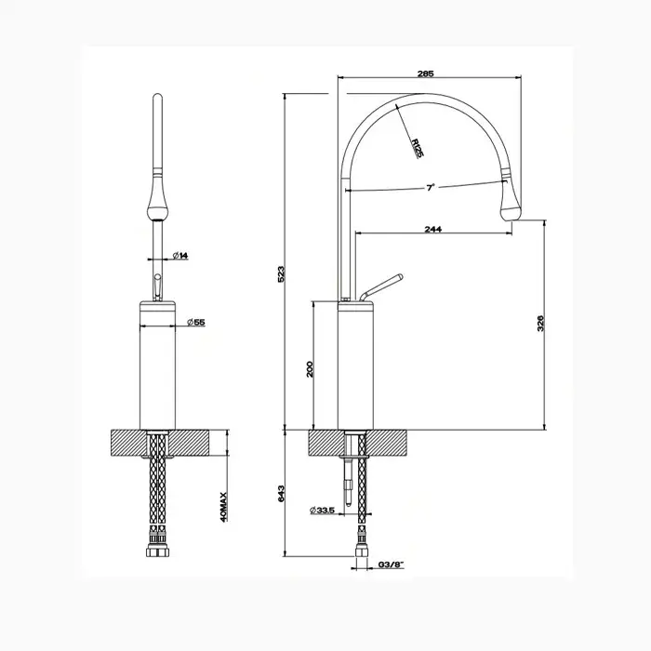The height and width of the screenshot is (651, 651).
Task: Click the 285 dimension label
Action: click(x=426, y=73)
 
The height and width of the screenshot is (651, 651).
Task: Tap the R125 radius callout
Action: click(x=418, y=148)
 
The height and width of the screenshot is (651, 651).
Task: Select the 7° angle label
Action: click(x=431, y=187)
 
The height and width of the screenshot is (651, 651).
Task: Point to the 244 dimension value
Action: click(x=433, y=229)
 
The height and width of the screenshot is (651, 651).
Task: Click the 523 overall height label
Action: click(x=281, y=274)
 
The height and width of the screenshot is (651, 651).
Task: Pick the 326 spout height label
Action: click(x=540, y=324)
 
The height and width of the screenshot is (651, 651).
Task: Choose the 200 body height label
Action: click(x=310, y=368)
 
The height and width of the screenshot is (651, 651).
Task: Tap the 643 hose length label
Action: click(x=281, y=494)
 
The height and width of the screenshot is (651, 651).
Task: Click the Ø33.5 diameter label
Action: click(x=322, y=511)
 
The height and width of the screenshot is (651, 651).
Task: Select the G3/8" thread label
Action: click(x=392, y=565)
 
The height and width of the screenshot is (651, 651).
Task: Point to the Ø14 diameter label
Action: click(x=180, y=256)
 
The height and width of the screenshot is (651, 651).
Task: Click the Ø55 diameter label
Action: click(x=196, y=322)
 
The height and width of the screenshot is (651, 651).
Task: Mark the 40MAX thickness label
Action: click(x=223, y=507)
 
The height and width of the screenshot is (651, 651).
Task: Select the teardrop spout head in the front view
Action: click(x=157, y=201)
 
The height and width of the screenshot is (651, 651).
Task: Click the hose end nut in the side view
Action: click(x=362, y=552)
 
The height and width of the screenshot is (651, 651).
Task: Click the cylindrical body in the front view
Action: click(x=157, y=365)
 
